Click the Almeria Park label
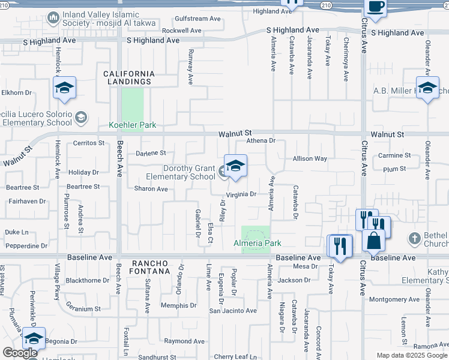[257, 243]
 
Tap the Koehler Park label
[132, 125]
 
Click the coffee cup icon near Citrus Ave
[375, 7]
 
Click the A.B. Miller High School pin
[427, 88]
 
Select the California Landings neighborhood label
[129, 77]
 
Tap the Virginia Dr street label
[241, 194]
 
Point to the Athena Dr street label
[261, 141]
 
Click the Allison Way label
[310, 159]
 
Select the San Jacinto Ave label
[232, 311]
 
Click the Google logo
[20, 353]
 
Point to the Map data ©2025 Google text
[411, 355]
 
